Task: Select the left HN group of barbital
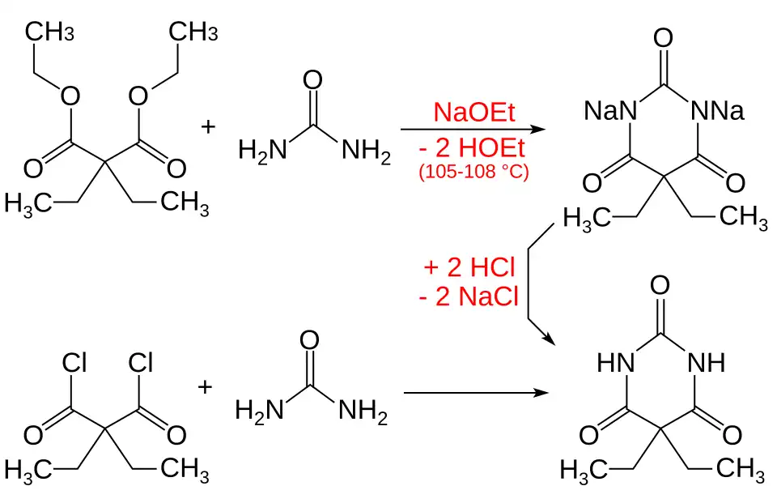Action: point(616,364)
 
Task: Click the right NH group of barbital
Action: point(707,364)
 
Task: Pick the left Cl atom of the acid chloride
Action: point(74,364)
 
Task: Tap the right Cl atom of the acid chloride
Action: point(141,364)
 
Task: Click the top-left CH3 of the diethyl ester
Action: point(50,33)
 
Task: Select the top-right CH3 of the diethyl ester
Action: point(193,33)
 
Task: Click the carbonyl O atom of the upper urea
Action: point(312,81)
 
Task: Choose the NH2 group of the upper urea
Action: point(366,151)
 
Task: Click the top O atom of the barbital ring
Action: point(660,286)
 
